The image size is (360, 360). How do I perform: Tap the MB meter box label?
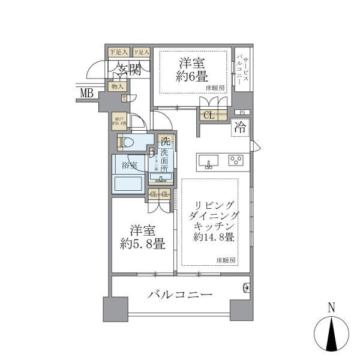pos(88,92)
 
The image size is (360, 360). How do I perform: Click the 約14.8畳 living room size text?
pos(214,237)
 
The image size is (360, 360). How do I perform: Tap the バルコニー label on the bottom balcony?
pos(179,295)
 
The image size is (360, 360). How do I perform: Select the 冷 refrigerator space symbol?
pos(239,127)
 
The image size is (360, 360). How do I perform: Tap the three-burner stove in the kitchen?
pos(236,160)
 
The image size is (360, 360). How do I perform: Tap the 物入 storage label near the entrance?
pos(117,88)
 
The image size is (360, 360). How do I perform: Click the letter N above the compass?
pos(332,308)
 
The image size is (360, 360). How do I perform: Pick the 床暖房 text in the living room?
pos(226,260)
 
